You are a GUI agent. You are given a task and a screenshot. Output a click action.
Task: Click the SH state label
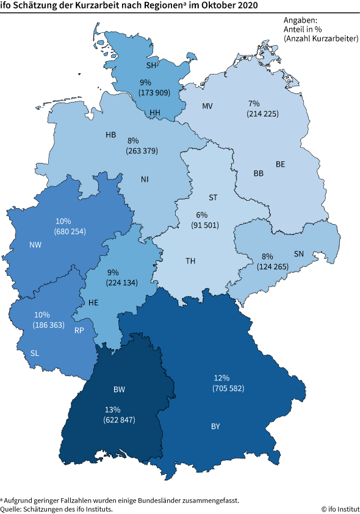coord(152,65)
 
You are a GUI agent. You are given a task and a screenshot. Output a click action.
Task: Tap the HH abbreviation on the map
coord(156,113)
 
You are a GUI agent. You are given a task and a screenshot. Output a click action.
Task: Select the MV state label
coord(207,106)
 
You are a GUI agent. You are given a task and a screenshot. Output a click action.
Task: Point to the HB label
coord(110,134)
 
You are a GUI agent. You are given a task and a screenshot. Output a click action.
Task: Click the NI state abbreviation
coord(145,179)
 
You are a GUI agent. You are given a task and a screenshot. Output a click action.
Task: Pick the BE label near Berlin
coord(281,164)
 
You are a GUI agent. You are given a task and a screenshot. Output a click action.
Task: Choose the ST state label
coord(213,198)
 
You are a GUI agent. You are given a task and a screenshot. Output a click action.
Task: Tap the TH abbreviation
coord(190,261)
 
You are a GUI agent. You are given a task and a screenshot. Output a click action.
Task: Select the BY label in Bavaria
coord(215,426)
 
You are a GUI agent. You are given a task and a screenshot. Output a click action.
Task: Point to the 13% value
coord(113,410)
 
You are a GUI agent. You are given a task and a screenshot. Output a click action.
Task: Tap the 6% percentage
coord(202,215)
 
